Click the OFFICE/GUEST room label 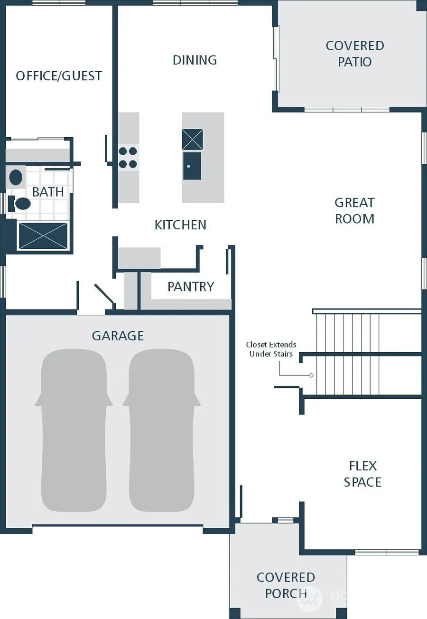[59, 76]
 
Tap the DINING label [195, 60]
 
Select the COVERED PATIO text [354, 54]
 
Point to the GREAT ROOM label [354, 211]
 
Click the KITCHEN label [180, 225]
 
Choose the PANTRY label [191, 286]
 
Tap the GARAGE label [118, 336]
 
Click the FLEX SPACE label [362, 474]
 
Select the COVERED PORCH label [286, 585]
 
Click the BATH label [48, 192]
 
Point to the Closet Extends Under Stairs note [271, 349]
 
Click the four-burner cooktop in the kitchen [128, 158]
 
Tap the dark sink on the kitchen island [192, 166]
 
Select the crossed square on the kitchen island [192, 139]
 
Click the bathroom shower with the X [43, 235]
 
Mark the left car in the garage [74, 430]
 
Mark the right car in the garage [161, 430]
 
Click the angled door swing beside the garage [104, 294]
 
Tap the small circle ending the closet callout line [311, 375]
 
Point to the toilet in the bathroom [21, 204]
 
